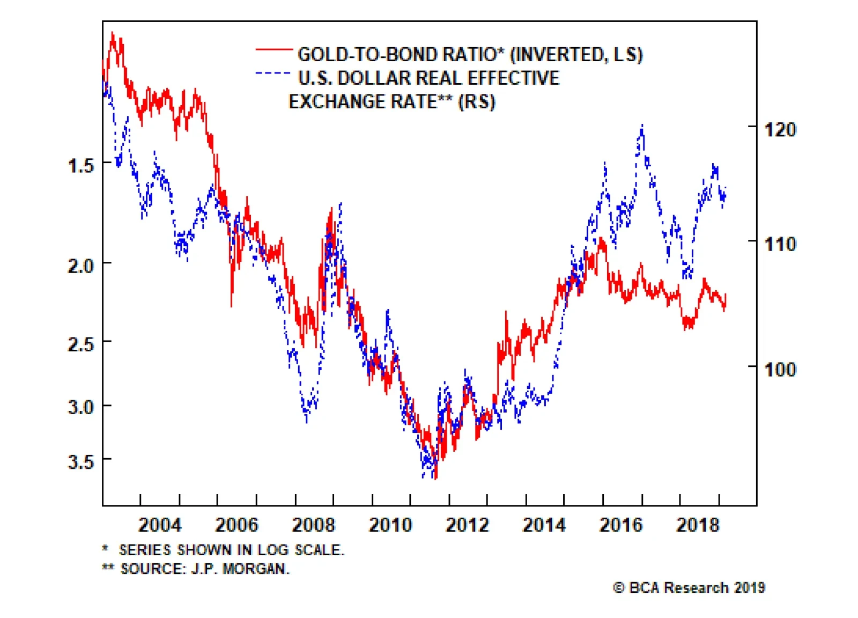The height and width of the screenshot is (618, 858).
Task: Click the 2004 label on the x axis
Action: coord(160,525)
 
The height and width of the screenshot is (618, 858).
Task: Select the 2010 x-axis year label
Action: coord(390,525)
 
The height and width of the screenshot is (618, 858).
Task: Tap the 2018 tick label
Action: coord(698,525)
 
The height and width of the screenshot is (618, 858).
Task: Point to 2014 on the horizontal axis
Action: coord(544,525)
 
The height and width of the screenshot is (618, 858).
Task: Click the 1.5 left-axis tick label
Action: coord(81,165)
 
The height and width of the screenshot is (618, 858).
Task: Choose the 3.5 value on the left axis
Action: coord(81,461)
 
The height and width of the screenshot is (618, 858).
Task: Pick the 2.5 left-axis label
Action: coord(81,344)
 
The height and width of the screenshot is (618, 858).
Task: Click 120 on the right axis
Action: coord(780,129)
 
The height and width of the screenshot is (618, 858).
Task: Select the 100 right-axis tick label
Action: coord(780,369)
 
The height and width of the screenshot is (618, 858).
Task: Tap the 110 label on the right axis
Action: coord(780,245)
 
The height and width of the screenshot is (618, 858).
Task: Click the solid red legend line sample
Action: coord(273,50)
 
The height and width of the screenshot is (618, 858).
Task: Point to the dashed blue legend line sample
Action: coord(273,73)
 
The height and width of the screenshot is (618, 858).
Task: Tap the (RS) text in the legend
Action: coord(477,101)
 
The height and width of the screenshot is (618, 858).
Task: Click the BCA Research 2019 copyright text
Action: coord(689,588)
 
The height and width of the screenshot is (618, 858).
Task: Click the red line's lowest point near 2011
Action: coord(435,478)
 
